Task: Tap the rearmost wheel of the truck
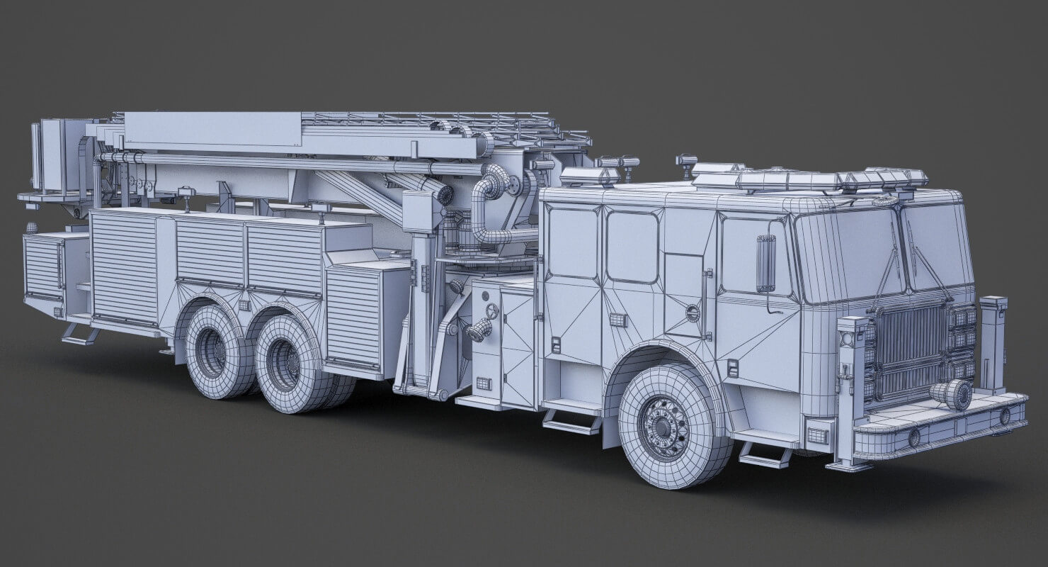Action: (x=212, y=352)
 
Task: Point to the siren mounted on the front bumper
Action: (x=951, y=395)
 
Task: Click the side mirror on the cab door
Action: (x=765, y=263)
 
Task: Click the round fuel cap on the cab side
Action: (x=692, y=313)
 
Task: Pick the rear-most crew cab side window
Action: (x=574, y=243)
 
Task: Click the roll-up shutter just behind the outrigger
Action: (x=354, y=313)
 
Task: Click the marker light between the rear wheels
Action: (x=244, y=305)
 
